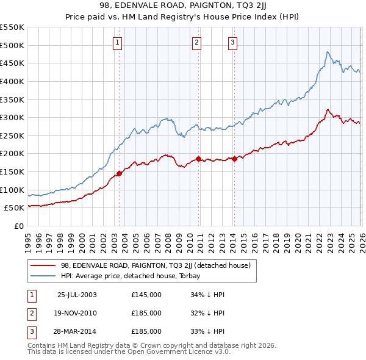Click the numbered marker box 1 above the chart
[117, 42]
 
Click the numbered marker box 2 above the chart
[197, 42]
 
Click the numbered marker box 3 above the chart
[233, 42]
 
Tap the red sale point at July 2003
[120, 173]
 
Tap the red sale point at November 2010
[199, 159]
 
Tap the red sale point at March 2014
[235, 159]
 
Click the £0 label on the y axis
[18, 226]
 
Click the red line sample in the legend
[43, 265]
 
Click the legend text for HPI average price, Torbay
[135, 276]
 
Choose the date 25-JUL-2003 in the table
[76, 295]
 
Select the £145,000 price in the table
[146, 295]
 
